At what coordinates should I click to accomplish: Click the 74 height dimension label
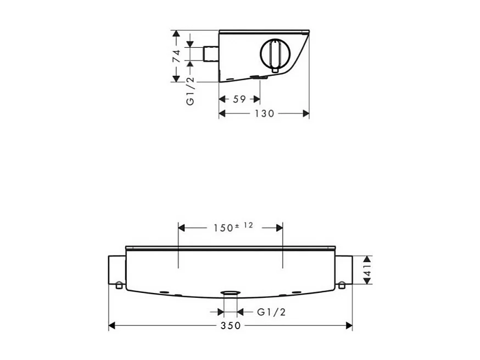pyautogui.click(x=176, y=56)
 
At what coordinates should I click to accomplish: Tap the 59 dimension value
pyautogui.click(x=239, y=99)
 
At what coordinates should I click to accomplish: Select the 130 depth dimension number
pyautogui.click(x=265, y=114)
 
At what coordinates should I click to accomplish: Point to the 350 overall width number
pyautogui.click(x=231, y=325)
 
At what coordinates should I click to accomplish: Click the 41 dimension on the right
pyautogui.click(x=367, y=270)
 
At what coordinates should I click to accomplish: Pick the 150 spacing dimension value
pyautogui.click(x=224, y=228)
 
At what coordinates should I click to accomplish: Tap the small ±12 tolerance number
pyautogui.click(x=244, y=225)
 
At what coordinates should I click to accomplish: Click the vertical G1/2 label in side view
pyautogui.click(x=191, y=91)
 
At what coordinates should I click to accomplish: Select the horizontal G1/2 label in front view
pyautogui.click(x=271, y=312)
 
